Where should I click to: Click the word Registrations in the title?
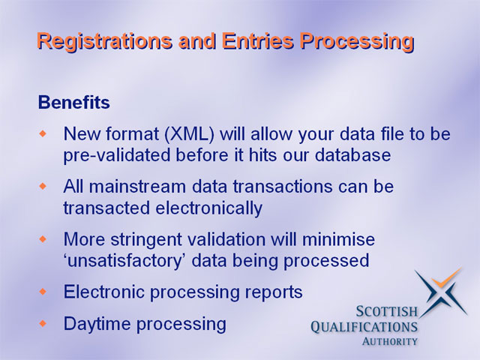click(104, 41)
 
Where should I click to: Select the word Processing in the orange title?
click(357, 42)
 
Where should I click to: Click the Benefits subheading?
click(73, 102)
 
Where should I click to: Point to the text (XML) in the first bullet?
click(189, 134)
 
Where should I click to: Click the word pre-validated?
click(117, 155)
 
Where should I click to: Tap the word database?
click(352, 154)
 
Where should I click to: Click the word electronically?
click(208, 208)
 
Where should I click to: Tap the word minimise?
click(338, 239)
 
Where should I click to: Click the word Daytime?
click(97, 324)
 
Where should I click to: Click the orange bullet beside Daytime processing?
click(43, 323)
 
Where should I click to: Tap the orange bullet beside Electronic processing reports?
click(43, 292)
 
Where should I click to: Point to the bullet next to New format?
click(43, 133)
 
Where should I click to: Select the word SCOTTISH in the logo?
click(387, 312)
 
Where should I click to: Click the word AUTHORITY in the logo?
click(389, 341)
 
